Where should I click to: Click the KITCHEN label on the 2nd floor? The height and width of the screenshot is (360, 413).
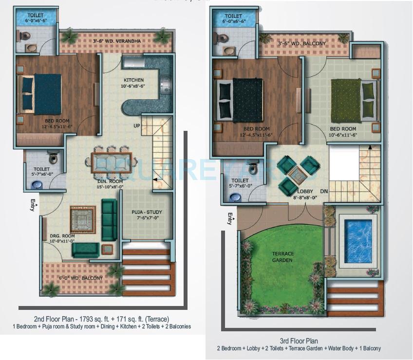[x=133, y=80]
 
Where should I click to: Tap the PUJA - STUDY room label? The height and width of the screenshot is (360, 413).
[x=147, y=212]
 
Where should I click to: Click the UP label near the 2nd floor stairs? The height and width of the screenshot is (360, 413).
[x=137, y=126]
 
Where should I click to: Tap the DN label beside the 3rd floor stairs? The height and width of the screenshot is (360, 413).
[x=324, y=191]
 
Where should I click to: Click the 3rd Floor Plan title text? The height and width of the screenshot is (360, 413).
[x=299, y=341]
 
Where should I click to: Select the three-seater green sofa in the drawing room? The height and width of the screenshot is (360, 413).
[x=109, y=219]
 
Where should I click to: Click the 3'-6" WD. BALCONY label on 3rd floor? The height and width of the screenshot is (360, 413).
[x=301, y=43]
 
